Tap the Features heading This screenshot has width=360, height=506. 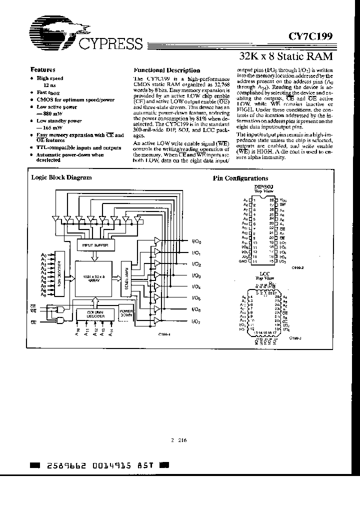pyautogui.click(x=43, y=70)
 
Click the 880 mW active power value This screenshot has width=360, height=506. pyautogui.click(x=48, y=113)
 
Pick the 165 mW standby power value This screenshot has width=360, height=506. pyautogui.click(x=48, y=127)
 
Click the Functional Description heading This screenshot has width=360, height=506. pyautogui.click(x=166, y=70)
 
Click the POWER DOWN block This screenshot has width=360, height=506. pyautogui.click(x=125, y=314)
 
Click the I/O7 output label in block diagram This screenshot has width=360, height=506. pyautogui.click(x=196, y=321)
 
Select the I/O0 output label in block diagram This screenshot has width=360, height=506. pyautogui.click(x=196, y=241)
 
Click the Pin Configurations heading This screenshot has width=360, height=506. pyautogui.click(x=240, y=178)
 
